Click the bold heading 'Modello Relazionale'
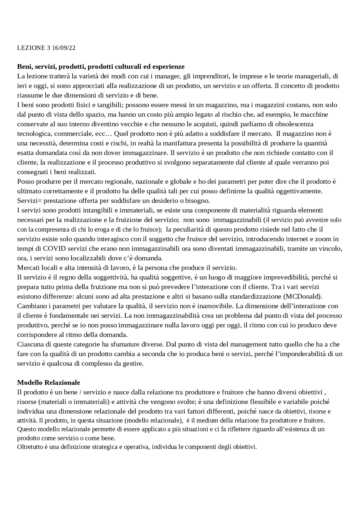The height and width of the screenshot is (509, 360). (x=48, y=383)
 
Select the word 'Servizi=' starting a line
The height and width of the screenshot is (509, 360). (x=28, y=201)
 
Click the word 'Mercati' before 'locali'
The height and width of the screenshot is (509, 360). (x=28, y=268)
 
